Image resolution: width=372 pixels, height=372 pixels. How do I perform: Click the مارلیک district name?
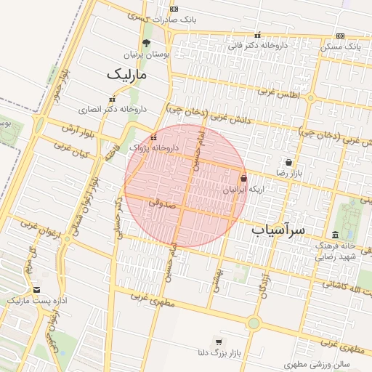pyautogui.click(x=126, y=74)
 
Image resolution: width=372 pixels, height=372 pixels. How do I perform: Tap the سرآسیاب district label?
pyautogui.click(x=280, y=230)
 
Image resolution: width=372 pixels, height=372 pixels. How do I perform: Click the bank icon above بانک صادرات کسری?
pyautogui.click(x=173, y=9)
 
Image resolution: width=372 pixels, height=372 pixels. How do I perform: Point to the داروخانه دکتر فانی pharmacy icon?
pyautogui.click(x=257, y=35)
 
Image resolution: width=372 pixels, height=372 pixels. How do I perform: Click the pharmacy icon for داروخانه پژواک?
pyautogui.click(x=153, y=137)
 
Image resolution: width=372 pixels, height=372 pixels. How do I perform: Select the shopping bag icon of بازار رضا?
pyautogui.click(x=289, y=162)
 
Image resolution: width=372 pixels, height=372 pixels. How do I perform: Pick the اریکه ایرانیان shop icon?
pyautogui.click(x=243, y=177)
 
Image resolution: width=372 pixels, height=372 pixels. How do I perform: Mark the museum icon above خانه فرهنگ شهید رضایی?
pyautogui.click(x=335, y=235)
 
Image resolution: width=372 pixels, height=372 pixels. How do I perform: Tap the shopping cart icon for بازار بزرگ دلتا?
pyautogui.click(x=218, y=342)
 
